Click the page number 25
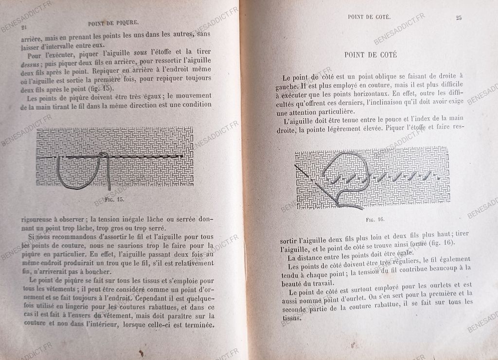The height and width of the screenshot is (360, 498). pos(459,18)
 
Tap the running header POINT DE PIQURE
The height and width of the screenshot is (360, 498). pos(114,22)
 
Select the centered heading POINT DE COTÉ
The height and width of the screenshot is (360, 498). pos(371,55)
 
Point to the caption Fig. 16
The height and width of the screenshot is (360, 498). pos(375,219)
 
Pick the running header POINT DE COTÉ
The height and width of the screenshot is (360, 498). pos(370,17)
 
